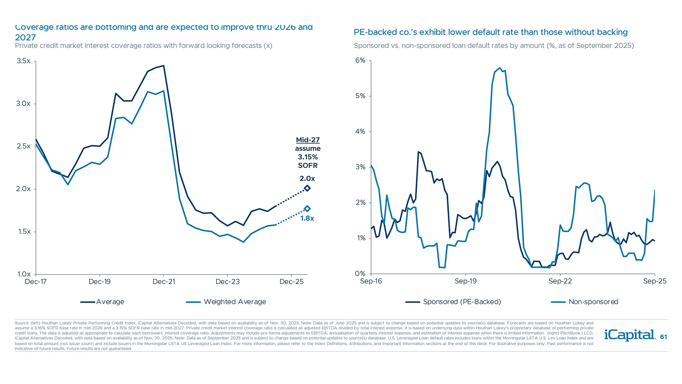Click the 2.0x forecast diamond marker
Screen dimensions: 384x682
click(x=307, y=188)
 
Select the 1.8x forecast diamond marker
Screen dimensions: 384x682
click(x=307, y=209)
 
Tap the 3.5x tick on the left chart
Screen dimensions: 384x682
click(x=23, y=61)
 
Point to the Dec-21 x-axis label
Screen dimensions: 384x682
click(x=164, y=282)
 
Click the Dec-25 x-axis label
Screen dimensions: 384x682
click(x=291, y=282)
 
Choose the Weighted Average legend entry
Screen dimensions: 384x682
click(x=234, y=302)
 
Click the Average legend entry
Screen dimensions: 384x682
click(x=110, y=302)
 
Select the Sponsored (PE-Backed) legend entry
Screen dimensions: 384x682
click(x=461, y=302)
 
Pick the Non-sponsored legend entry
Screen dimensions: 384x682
click(x=593, y=302)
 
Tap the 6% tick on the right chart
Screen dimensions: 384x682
click(x=360, y=60)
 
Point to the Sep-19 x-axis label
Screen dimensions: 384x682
click(x=465, y=281)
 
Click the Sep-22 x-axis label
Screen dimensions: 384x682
click(x=560, y=281)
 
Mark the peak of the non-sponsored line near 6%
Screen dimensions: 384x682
click(x=500, y=68)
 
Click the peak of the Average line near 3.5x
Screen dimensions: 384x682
click(x=163, y=65)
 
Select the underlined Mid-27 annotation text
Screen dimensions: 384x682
click(x=308, y=140)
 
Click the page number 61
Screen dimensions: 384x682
click(x=663, y=337)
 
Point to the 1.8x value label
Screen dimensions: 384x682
click(x=307, y=218)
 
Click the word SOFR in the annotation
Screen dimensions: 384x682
click(x=308, y=165)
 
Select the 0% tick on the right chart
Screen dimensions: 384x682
click(x=360, y=273)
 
